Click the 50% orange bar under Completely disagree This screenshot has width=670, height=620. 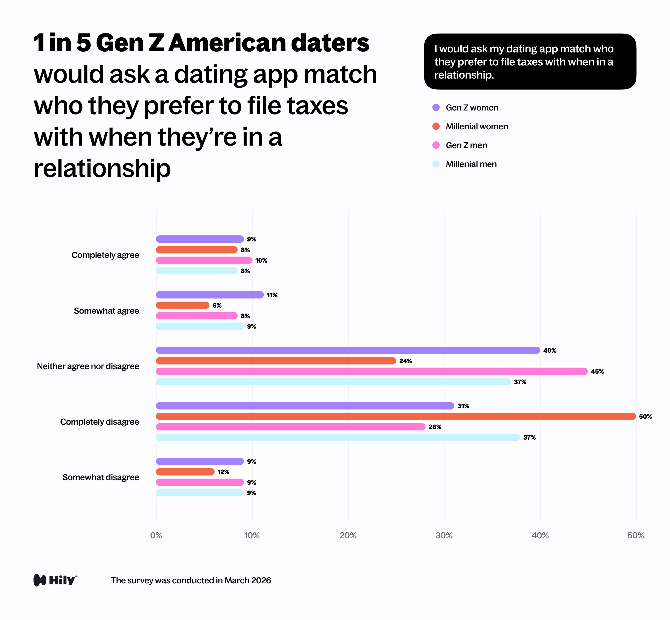point(396,416)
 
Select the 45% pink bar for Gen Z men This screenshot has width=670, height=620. point(372,371)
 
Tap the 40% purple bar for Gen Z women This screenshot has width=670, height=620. point(348,350)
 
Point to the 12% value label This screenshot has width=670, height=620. point(223,472)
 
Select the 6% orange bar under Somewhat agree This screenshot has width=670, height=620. point(182,305)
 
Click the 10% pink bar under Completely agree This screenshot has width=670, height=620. point(204,260)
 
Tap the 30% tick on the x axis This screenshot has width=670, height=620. point(444,535)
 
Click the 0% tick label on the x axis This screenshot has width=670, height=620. point(156,535)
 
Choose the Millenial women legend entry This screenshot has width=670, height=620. point(477,126)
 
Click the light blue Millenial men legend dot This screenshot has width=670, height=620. point(436,164)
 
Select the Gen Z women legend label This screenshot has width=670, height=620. point(472,108)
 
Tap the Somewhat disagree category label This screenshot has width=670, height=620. point(100,477)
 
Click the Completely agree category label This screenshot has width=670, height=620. point(105,255)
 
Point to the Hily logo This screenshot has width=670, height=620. point(55,580)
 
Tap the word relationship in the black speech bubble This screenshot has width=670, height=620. point(464,75)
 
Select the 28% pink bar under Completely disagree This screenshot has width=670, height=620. point(291,427)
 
